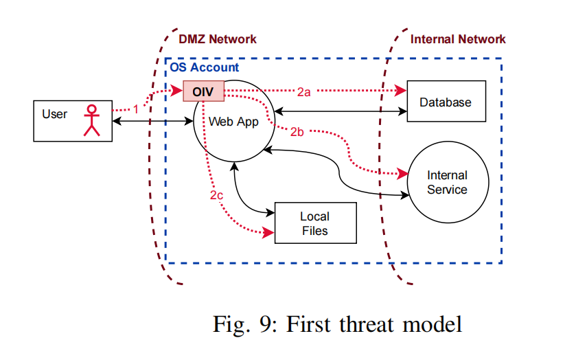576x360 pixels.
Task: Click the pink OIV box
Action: (x=203, y=91)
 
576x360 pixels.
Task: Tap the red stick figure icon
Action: (x=92, y=121)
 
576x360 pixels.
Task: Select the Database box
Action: (x=446, y=101)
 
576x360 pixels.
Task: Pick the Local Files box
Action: (x=316, y=223)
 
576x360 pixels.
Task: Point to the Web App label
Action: (x=233, y=122)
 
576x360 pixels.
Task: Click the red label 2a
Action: (x=304, y=92)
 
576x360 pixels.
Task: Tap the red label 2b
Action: (x=297, y=132)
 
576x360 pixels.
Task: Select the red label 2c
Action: (x=216, y=195)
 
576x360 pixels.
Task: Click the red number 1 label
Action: (x=136, y=109)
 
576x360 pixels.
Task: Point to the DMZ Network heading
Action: (x=218, y=39)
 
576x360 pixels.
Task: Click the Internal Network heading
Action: (x=458, y=39)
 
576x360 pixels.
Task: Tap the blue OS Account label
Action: (x=205, y=67)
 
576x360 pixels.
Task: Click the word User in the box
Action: (x=55, y=114)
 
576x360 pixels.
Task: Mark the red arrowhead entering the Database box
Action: (x=401, y=91)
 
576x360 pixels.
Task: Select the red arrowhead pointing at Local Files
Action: (x=268, y=232)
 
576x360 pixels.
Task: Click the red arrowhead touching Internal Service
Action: (x=402, y=173)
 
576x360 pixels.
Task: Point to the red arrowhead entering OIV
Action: (x=177, y=90)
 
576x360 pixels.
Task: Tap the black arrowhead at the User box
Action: (x=117, y=121)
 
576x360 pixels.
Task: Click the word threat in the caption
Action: (x=367, y=324)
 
